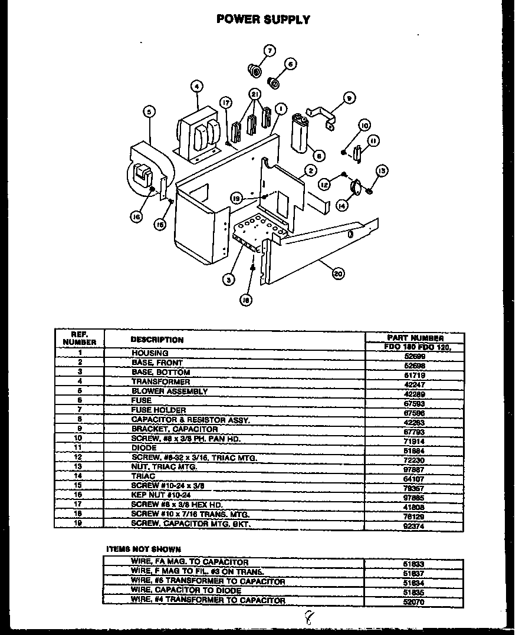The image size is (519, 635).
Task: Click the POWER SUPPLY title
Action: [x=263, y=19]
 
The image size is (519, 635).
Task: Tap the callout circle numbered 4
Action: [x=196, y=87]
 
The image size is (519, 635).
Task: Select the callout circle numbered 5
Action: [x=149, y=110]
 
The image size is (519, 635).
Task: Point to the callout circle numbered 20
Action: [x=338, y=273]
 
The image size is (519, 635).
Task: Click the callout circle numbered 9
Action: [x=349, y=98]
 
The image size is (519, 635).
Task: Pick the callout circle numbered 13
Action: [x=382, y=170]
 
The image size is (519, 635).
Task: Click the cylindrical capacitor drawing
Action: [x=301, y=134]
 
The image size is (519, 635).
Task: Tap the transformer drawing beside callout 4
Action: [x=196, y=134]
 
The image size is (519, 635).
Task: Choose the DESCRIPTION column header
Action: [x=156, y=340]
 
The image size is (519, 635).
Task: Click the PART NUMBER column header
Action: [x=420, y=338]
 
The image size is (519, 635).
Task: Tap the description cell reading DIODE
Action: [x=144, y=448]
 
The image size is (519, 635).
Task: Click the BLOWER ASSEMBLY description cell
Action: [x=169, y=391]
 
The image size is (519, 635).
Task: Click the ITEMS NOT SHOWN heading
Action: [x=143, y=549]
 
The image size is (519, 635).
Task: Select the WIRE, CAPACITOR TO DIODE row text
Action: [x=186, y=591]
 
